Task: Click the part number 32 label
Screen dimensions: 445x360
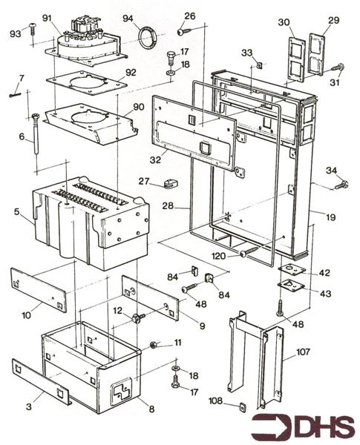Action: click(x=154, y=159)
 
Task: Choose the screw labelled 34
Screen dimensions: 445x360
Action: click(x=341, y=184)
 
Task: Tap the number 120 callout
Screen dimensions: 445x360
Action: click(x=218, y=255)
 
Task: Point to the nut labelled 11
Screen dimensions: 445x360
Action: click(x=153, y=344)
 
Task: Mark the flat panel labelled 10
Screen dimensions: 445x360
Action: click(x=39, y=289)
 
